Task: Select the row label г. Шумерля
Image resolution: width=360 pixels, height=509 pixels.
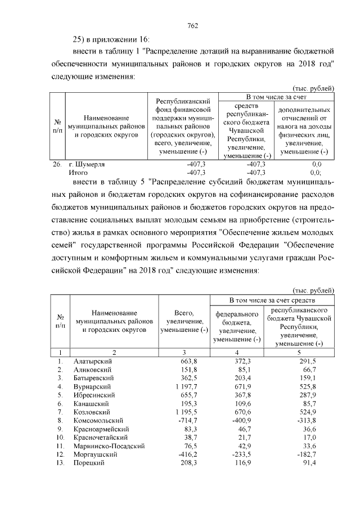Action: point(90,164)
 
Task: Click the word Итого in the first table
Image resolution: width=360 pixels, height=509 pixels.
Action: point(78,173)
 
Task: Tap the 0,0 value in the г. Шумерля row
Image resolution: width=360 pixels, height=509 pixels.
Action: point(316,164)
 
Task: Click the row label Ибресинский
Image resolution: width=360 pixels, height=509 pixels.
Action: point(94,395)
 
